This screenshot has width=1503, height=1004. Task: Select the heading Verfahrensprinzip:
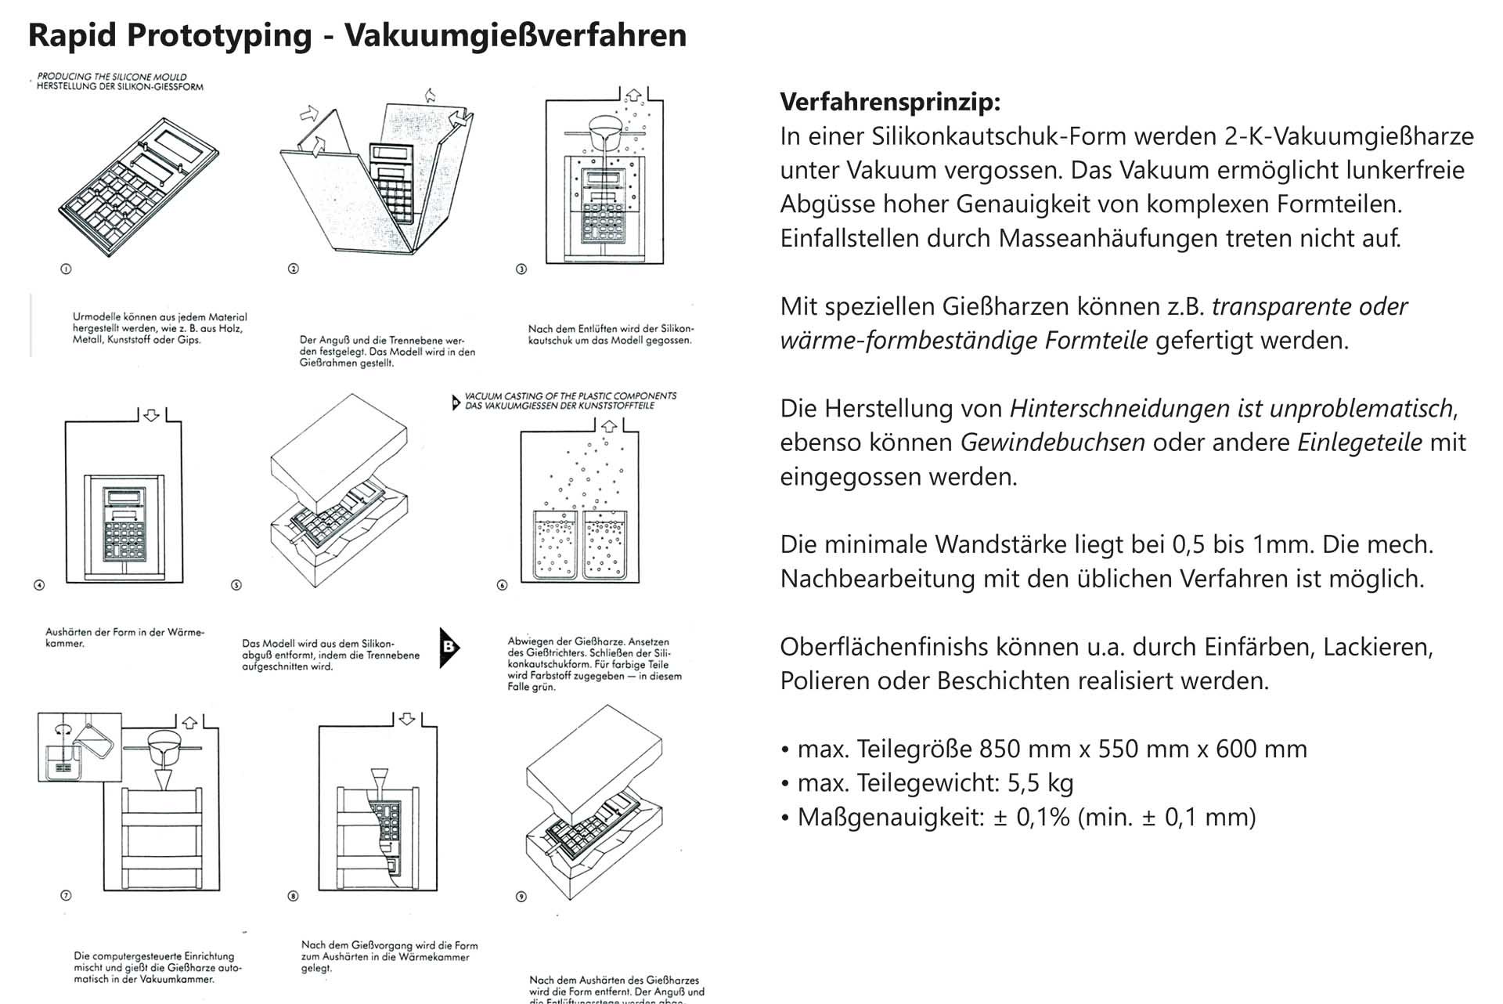coord(890,102)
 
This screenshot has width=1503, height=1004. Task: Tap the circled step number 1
coord(66,269)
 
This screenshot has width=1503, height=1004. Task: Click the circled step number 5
coord(236,585)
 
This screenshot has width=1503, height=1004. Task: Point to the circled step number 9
coord(521,897)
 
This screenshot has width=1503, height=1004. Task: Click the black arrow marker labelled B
coord(449,647)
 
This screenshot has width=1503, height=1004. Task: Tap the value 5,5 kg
coord(1037,782)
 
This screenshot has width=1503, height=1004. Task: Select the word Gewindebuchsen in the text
coord(1052,442)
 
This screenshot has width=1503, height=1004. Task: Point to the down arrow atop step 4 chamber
coord(152,415)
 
